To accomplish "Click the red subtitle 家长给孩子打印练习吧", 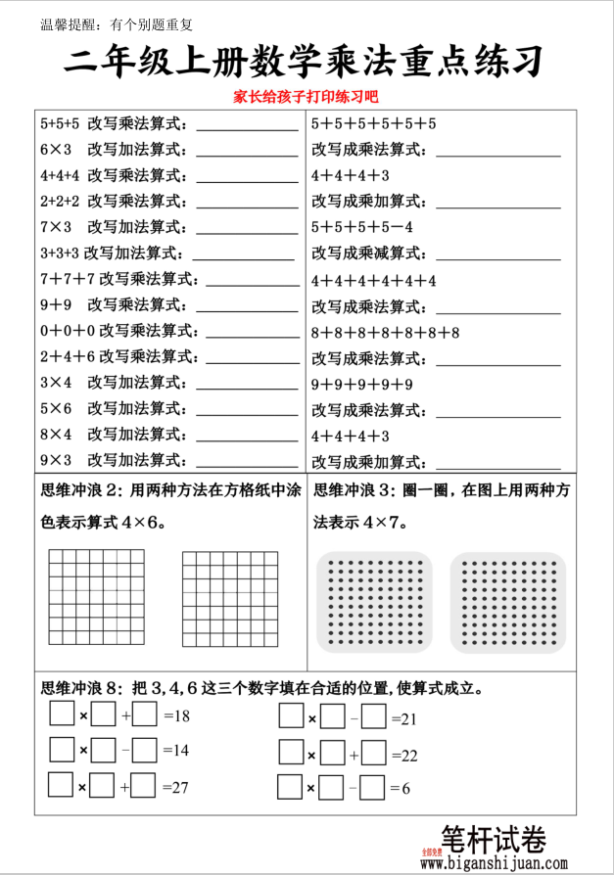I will click(x=305, y=98).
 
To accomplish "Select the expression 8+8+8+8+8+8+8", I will click(x=385, y=332).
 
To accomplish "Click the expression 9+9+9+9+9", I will click(x=361, y=384).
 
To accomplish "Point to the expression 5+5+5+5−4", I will click(x=361, y=227).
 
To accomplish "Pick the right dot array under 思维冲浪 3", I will click(x=507, y=603).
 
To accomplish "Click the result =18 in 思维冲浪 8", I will click(x=176, y=715).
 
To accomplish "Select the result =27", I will click(x=176, y=786).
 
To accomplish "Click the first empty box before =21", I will click(x=291, y=717).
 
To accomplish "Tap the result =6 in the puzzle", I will click(x=399, y=788).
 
